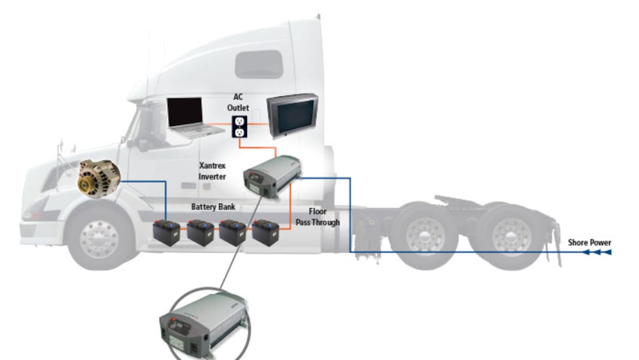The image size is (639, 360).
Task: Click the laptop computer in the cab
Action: tap(189, 116)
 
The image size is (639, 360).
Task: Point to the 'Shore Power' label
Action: tap(589, 243)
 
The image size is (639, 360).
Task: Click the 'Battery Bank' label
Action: tap(213, 207)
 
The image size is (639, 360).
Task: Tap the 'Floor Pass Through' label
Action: tap(323, 217)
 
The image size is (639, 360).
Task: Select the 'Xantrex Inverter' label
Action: tap(212, 171)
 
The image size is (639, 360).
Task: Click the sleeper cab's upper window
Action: tap(259, 64)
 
